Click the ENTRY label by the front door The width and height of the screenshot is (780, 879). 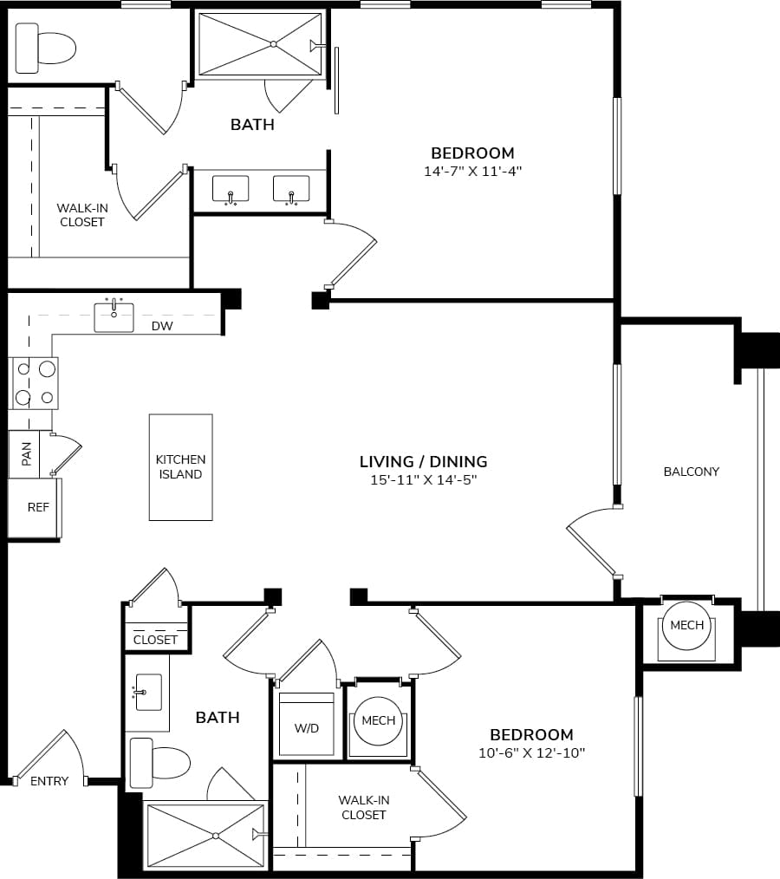pyautogui.click(x=49, y=781)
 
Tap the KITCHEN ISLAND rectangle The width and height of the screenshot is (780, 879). pyautogui.click(x=180, y=467)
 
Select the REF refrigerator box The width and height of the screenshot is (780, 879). pyautogui.click(x=36, y=508)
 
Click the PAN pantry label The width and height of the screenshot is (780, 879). pyautogui.click(x=26, y=453)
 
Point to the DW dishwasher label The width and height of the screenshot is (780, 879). pyautogui.click(x=162, y=326)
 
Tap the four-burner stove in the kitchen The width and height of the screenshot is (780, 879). pyautogui.click(x=34, y=382)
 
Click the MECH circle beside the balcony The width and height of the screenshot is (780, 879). pyautogui.click(x=687, y=625)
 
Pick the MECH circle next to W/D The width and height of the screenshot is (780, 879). pyautogui.click(x=378, y=720)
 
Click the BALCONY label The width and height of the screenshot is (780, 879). pyautogui.click(x=692, y=472)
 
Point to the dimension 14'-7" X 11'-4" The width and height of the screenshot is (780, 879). pyautogui.click(x=472, y=172)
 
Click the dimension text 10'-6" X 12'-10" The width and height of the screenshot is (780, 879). pyautogui.click(x=531, y=752)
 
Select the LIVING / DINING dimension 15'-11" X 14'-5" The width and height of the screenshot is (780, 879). pyautogui.click(x=424, y=479)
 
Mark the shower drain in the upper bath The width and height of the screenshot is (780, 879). pyautogui.click(x=272, y=43)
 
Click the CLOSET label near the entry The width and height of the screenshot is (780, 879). pyautogui.click(x=156, y=640)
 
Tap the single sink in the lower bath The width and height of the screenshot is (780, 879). pyautogui.click(x=147, y=693)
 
